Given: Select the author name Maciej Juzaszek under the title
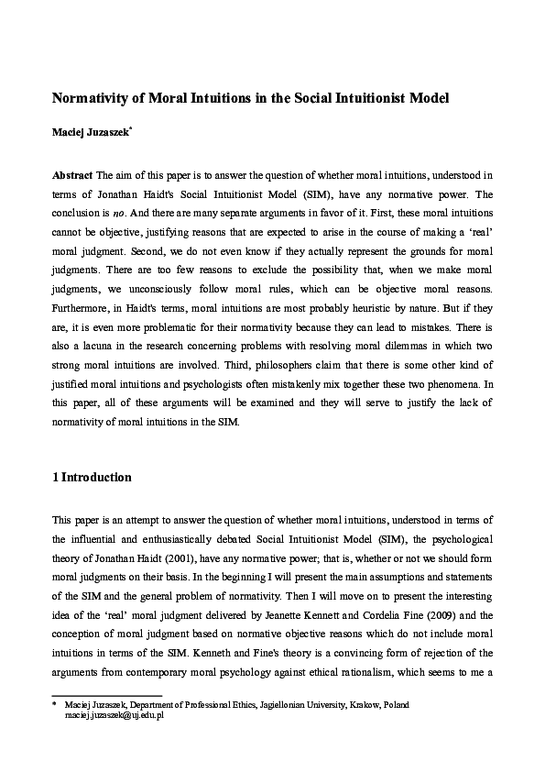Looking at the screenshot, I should (x=90, y=133).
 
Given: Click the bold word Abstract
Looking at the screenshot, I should (x=72, y=174).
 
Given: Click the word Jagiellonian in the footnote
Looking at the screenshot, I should (x=254, y=705).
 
